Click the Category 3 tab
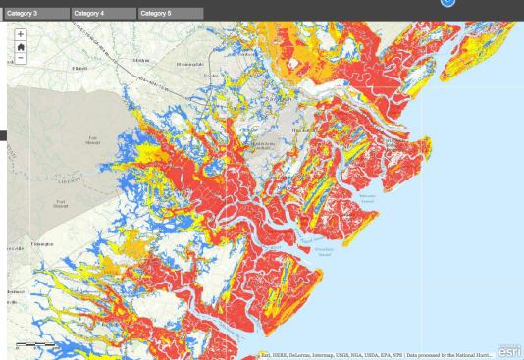tap(35, 13)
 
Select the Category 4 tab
tap(103, 13)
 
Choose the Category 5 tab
tap(171, 13)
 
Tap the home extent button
tap(21, 46)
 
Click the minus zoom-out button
tap(21, 58)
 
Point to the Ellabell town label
tap(79, 67)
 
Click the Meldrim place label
tap(141, 61)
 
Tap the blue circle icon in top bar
tap(447, 3)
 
